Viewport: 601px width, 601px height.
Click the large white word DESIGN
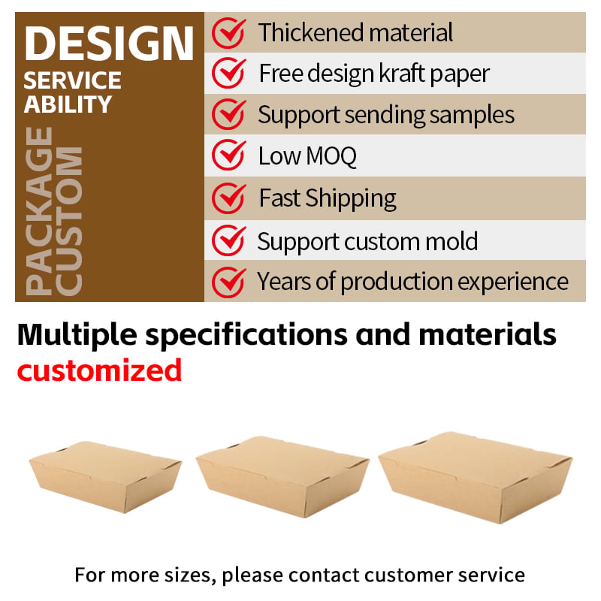click(x=109, y=44)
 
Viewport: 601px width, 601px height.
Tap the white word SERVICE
click(x=72, y=80)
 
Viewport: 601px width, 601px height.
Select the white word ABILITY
click(x=68, y=104)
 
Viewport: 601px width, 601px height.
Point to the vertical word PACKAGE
click(x=39, y=211)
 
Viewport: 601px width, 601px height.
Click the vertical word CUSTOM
click(x=68, y=221)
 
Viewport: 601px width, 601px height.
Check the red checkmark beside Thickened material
click(x=229, y=33)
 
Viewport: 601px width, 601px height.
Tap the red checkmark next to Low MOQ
click(x=229, y=155)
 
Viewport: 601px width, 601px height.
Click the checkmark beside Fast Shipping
click(x=229, y=198)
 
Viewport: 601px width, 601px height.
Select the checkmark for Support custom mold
click(x=229, y=240)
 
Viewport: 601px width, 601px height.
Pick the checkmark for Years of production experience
click(x=229, y=282)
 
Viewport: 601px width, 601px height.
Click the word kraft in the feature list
click(x=402, y=73)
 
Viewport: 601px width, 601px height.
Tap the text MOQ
click(x=331, y=156)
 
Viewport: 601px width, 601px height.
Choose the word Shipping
click(x=351, y=199)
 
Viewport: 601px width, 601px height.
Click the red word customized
click(x=99, y=370)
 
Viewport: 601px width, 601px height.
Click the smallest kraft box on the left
click(x=105, y=476)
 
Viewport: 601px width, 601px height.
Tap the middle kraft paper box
click(x=282, y=476)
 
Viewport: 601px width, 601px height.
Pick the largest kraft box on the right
click(x=476, y=477)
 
